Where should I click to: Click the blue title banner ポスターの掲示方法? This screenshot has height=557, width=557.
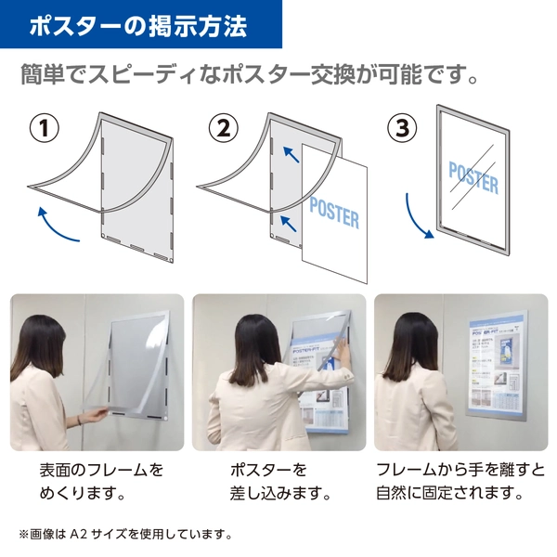coord(139,25)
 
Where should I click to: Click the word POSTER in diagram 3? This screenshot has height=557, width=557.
coord(473,175)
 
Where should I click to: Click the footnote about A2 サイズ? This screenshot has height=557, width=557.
coord(124,535)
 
